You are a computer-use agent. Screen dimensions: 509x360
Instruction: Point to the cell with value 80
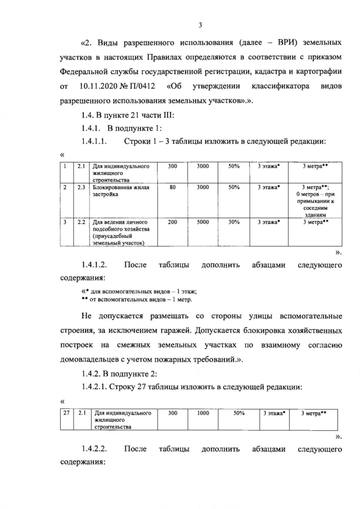(x=172, y=187)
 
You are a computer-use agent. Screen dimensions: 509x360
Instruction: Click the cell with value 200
(x=172, y=222)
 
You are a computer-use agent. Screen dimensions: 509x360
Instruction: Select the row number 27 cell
(x=66, y=413)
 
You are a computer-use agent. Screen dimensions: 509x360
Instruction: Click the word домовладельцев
(x=89, y=359)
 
